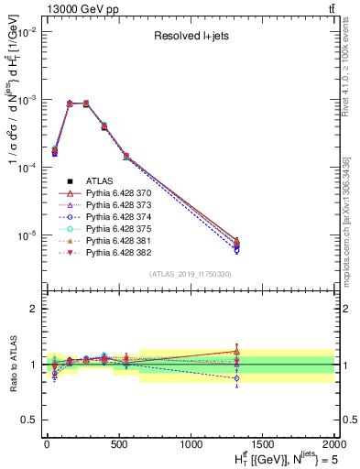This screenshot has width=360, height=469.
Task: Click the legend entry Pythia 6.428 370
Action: click(x=112, y=195)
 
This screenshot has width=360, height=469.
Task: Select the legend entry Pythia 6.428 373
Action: click(x=112, y=207)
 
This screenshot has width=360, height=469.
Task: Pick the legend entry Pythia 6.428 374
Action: click(x=112, y=219)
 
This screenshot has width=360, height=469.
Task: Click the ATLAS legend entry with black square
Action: click(x=99, y=183)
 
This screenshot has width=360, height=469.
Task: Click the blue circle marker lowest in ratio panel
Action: click(x=237, y=377)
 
